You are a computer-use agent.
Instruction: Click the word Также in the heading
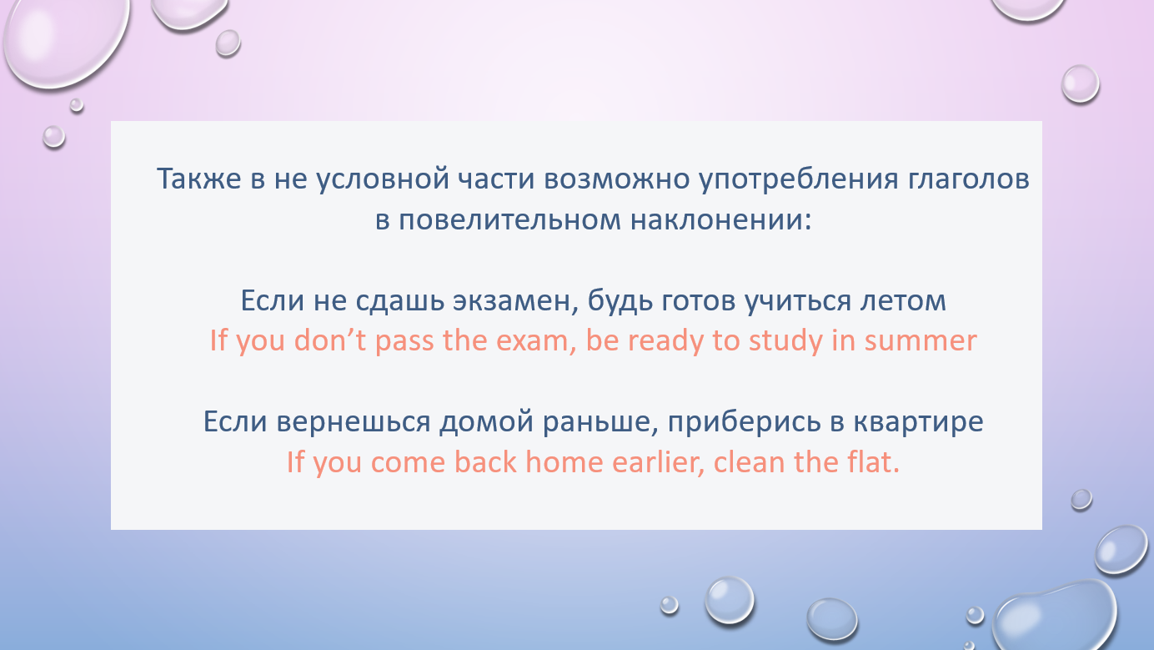[198, 179]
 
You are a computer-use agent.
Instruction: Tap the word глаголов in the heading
[969, 179]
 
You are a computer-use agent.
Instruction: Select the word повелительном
[509, 219]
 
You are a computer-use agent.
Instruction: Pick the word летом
[903, 300]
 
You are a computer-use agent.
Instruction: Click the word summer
[920, 340]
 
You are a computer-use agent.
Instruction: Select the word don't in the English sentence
[329, 340]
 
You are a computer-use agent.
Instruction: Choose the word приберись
[745, 422]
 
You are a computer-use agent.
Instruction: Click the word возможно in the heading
[617, 179]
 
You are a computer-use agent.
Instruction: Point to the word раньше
[600, 422]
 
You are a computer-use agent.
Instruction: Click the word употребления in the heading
[799, 179]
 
